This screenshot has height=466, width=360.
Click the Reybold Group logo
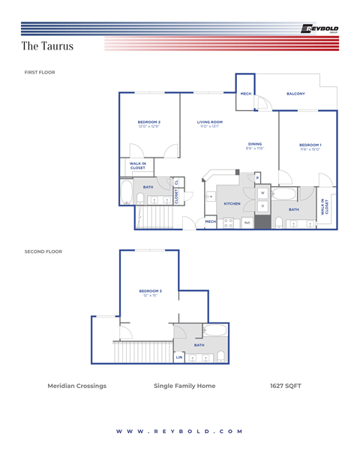coord(319,29)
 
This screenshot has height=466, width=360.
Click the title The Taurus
coord(47,47)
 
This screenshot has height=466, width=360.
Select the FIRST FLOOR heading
coord(40,73)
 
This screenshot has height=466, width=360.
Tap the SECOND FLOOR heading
coord(43,251)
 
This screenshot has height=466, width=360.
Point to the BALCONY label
coord(295,94)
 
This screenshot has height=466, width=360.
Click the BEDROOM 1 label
coord(310,145)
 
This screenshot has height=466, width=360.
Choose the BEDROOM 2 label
coord(149,122)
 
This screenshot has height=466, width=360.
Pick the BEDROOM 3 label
coord(150,290)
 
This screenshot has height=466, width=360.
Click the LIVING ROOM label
coord(209,122)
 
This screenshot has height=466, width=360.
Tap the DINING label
coord(255,144)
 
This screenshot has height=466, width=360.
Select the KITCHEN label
coord(232,203)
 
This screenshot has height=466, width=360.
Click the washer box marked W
coord(262,193)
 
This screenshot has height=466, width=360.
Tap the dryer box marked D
coord(262,205)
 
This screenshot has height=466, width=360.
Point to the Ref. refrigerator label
coord(246,222)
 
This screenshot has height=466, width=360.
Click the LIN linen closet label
coord(178,357)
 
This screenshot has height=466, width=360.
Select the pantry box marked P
coord(257,178)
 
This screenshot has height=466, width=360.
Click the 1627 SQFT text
coord(285,386)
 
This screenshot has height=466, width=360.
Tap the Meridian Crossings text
coord(76,386)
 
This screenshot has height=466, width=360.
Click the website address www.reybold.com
coord(180,431)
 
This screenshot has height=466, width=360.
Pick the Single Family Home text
coord(184,386)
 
